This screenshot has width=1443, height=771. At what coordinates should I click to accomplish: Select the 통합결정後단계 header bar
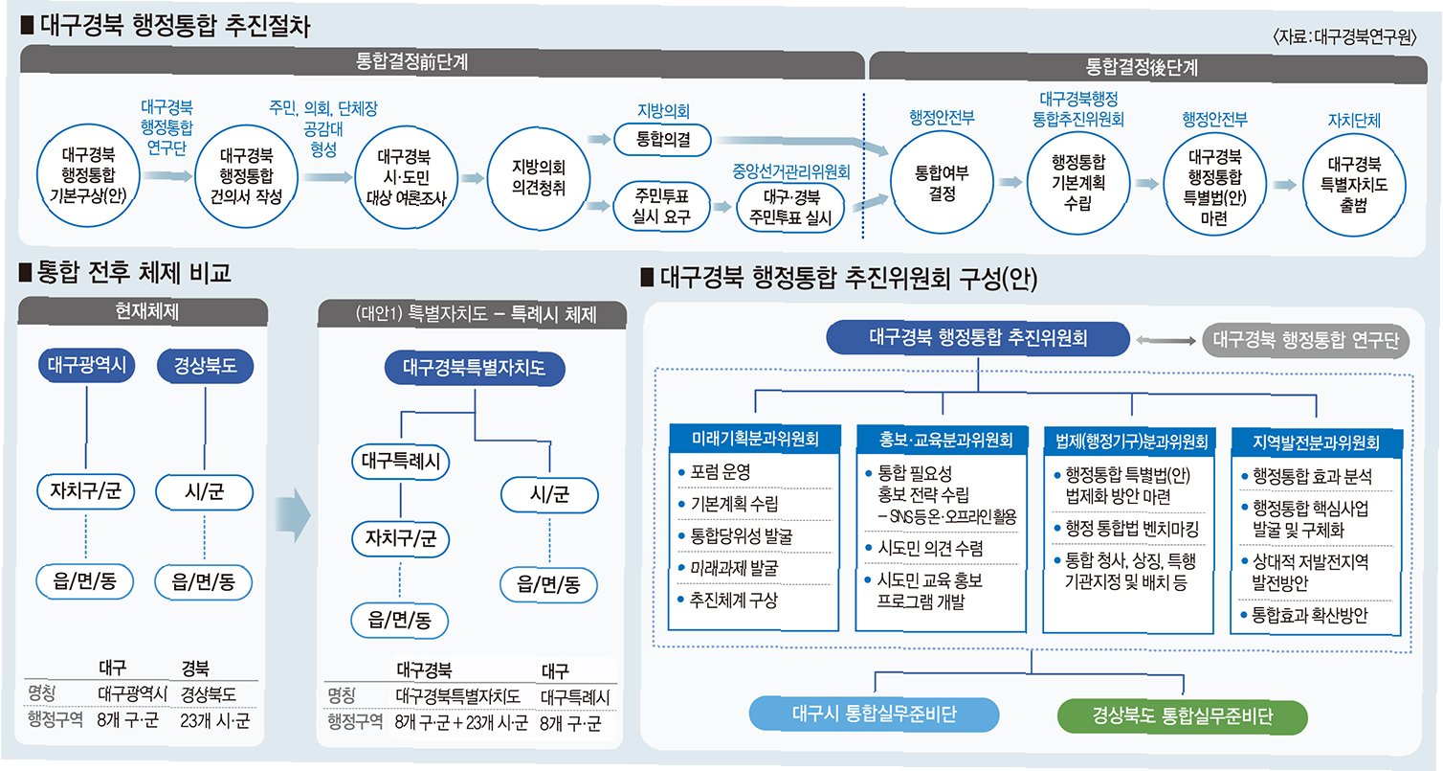pyautogui.click(x=1142, y=66)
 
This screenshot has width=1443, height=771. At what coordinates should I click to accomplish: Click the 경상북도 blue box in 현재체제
pyautogui.click(x=207, y=365)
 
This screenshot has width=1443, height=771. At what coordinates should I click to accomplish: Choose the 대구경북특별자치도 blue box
pyautogui.click(x=475, y=367)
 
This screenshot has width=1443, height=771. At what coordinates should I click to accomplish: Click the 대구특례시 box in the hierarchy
pyautogui.click(x=401, y=462)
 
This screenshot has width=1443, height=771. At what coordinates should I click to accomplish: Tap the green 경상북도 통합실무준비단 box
pyautogui.click(x=1181, y=715)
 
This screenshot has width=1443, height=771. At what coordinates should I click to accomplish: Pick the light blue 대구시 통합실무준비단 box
pyautogui.click(x=875, y=714)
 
